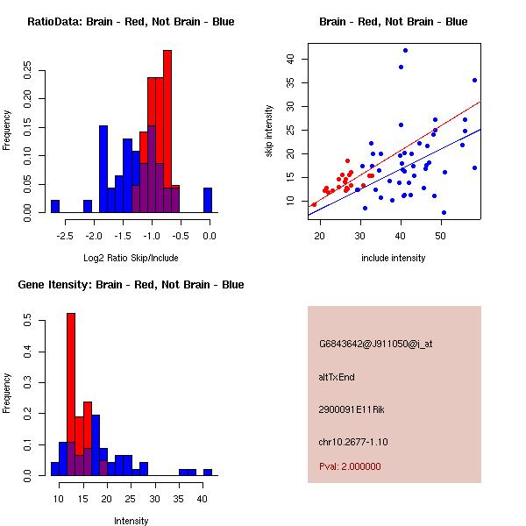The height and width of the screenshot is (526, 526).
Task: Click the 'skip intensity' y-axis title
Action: [270, 131]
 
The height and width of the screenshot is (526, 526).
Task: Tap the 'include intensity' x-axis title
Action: [394, 258]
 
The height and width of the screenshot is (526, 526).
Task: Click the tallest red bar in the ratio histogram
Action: [167, 131]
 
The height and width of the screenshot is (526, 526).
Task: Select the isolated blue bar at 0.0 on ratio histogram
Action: [208, 200]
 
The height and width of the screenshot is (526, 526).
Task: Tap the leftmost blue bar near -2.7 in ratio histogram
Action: [55, 206]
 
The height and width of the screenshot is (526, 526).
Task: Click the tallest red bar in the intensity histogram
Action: [71, 394]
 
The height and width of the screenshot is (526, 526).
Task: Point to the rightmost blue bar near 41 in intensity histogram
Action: [208, 472]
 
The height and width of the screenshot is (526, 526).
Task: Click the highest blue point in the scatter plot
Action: [405, 50]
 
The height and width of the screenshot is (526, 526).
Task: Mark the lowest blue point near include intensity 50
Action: [444, 212]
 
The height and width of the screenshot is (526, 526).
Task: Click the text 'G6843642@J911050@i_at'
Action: [375, 344]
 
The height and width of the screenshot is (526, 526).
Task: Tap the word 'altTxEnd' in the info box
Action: [337, 377]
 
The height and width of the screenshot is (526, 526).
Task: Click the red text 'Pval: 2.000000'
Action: [350, 466]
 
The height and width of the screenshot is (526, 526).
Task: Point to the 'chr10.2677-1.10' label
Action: [352, 441]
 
